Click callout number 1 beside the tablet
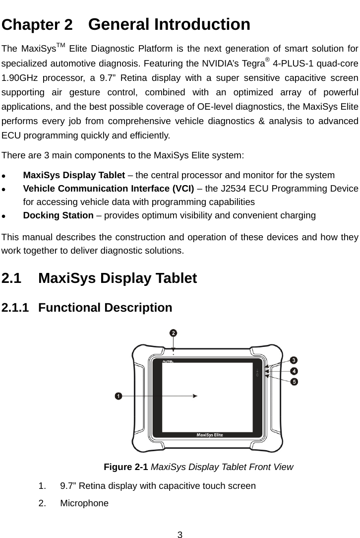click(118, 396)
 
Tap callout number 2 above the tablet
click(173, 333)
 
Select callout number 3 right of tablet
click(294, 360)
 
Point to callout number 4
click(294, 371)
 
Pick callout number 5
click(294, 382)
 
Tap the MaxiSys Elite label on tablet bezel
click(210, 435)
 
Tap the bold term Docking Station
click(59, 215)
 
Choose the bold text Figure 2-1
click(126, 467)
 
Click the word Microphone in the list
click(84, 503)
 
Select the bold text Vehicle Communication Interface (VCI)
click(109, 189)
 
